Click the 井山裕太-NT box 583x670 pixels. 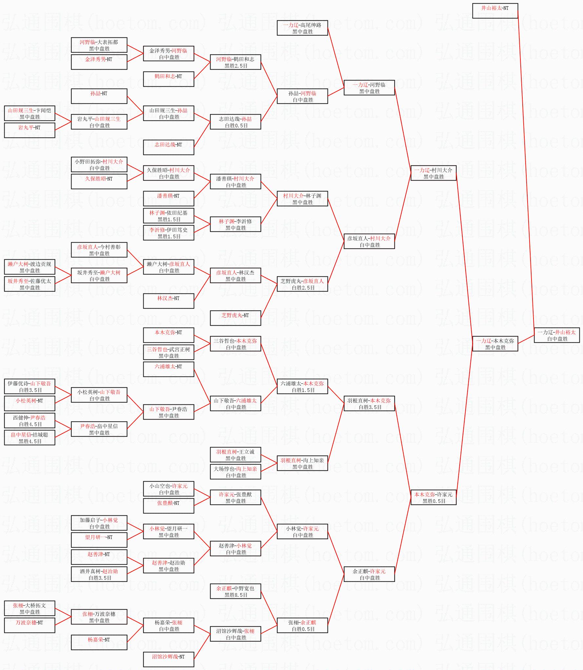[495, 11]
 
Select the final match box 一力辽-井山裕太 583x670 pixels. [556, 335]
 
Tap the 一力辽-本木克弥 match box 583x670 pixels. [495, 344]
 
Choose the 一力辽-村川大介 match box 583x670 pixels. [433, 173]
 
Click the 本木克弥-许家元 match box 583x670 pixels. [433, 497]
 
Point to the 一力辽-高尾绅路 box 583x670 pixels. [302, 28]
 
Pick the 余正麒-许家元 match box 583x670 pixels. [369, 574]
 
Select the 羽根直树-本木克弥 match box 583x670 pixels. [369, 403]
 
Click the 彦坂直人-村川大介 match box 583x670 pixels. [369, 241]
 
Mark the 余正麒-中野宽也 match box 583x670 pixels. [235, 591]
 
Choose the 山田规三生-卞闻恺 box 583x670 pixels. [30, 113]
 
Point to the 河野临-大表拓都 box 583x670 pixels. [99, 45]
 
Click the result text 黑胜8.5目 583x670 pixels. [236, 595]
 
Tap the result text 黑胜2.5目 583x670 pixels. [236, 66]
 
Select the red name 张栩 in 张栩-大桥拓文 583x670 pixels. [18, 605]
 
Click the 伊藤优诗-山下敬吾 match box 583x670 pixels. [30, 386]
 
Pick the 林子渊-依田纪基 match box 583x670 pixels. [168, 216]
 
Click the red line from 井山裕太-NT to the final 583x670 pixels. [526, 171]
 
